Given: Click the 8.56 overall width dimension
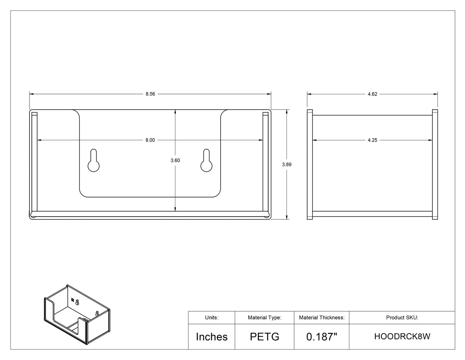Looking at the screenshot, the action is [x=150, y=94].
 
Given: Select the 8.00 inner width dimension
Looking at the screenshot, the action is [x=150, y=140].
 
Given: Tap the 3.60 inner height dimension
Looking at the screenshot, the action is [x=175, y=160].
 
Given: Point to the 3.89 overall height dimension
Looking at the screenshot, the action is [x=287, y=164].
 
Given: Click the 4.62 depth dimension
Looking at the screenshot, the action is [x=372, y=94].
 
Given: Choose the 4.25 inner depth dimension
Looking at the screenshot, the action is [x=372, y=140].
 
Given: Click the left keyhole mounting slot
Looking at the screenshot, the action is [x=93, y=160].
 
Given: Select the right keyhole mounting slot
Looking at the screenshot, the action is [x=206, y=160].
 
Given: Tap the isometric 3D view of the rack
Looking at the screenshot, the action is [x=77, y=315].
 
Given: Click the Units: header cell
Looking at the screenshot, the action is [x=212, y=317].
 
